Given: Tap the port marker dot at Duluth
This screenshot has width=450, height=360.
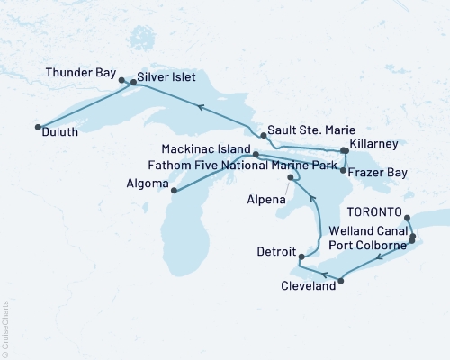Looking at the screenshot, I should [x=37, y=127].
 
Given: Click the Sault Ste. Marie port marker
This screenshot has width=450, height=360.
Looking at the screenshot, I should [x=263, y=136].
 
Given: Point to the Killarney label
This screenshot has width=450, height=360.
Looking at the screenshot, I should [x=378, y=143].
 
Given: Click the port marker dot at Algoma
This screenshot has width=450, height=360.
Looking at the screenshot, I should [x=172, y=191].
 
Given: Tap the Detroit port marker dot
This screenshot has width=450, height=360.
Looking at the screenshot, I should [x=301, y=257].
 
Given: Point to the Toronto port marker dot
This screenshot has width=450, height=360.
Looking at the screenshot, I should [x=407, y=217].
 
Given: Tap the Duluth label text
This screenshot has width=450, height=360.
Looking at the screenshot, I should [x=59, y=131].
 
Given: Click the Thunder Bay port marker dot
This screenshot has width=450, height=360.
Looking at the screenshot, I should [x=121, y=80].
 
